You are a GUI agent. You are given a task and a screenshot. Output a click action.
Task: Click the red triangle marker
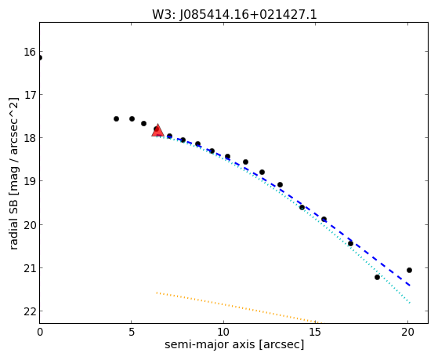click(157, 130)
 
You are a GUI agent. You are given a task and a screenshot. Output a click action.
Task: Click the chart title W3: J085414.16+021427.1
click(234, 15)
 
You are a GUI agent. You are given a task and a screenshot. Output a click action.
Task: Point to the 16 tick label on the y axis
click(30, 52)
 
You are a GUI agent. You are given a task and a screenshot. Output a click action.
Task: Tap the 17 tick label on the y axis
click(30, 95)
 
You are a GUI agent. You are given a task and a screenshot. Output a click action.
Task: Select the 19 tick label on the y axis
click(30, 181)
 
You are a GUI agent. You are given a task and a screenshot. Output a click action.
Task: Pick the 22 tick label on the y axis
click(30, 311)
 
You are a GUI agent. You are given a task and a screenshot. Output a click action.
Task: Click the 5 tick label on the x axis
click(132, 333)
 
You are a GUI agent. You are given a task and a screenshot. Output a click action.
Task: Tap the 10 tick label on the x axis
click(223, 333)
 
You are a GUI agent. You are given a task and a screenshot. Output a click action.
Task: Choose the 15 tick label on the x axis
click(315, 333)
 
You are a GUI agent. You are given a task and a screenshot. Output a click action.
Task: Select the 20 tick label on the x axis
click(407, 333)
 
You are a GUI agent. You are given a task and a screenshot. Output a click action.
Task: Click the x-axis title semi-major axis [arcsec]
click(234, 344)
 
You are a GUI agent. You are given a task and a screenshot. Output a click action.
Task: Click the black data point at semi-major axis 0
click(40, 58)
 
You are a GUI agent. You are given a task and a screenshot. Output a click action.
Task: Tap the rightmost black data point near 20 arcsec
click(409, 271)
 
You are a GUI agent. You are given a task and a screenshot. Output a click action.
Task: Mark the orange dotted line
click(240, 307)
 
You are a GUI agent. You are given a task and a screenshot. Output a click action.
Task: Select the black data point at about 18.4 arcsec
click(377, 278)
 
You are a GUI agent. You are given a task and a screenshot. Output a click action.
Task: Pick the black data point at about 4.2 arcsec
click(116, 119)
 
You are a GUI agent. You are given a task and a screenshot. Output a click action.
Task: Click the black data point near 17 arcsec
click(350, 244)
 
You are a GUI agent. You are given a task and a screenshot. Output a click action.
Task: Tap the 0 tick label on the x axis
click(40, 333)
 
